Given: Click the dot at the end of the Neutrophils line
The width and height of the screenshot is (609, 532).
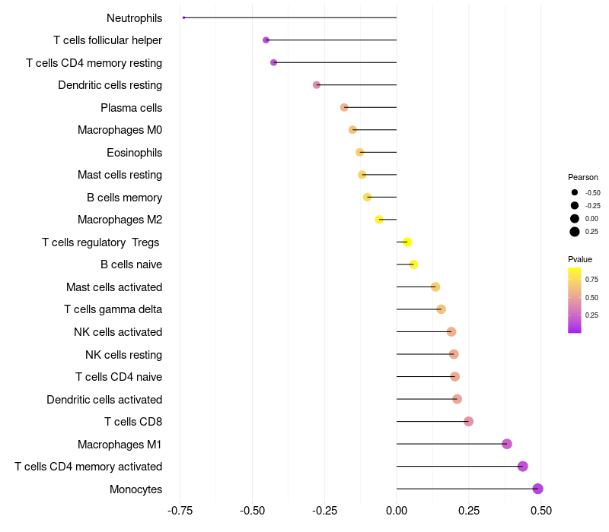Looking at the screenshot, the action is point(183,17).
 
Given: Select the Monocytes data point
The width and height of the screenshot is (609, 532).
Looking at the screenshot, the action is point(537,489).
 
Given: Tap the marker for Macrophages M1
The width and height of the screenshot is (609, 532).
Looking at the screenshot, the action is point(507,444).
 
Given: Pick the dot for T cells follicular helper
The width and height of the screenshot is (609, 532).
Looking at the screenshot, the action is point(266,40).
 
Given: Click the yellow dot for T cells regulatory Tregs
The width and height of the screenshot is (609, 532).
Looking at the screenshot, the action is point(407,242).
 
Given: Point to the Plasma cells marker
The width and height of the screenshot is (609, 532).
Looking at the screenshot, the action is point(344,107).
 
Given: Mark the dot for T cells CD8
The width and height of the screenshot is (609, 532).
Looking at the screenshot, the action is point(468,421).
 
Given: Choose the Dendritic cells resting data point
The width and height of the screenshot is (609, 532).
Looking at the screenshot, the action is point(317,84).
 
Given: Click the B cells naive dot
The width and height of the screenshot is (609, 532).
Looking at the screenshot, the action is point(413,264).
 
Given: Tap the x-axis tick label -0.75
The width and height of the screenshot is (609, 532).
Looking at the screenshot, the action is point(180,511).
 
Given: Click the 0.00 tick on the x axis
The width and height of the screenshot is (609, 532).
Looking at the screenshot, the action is point(397,511).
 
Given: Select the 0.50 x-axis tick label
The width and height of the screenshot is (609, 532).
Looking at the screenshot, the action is point(541,511).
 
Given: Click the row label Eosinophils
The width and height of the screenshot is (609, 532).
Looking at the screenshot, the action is point(135,153).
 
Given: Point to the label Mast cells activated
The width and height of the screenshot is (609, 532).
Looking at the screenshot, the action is point(114,287).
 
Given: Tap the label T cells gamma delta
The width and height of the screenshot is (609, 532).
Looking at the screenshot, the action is point(113,309).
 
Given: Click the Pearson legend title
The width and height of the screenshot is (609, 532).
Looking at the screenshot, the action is point(583,177).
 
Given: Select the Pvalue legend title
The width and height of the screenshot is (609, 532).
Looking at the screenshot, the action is point(580,259).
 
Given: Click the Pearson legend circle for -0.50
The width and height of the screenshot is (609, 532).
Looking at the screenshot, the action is point(575,192).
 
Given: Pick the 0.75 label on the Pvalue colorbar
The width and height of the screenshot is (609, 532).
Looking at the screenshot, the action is point(591,279).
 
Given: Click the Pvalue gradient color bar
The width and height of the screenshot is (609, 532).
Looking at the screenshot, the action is point(575,300).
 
